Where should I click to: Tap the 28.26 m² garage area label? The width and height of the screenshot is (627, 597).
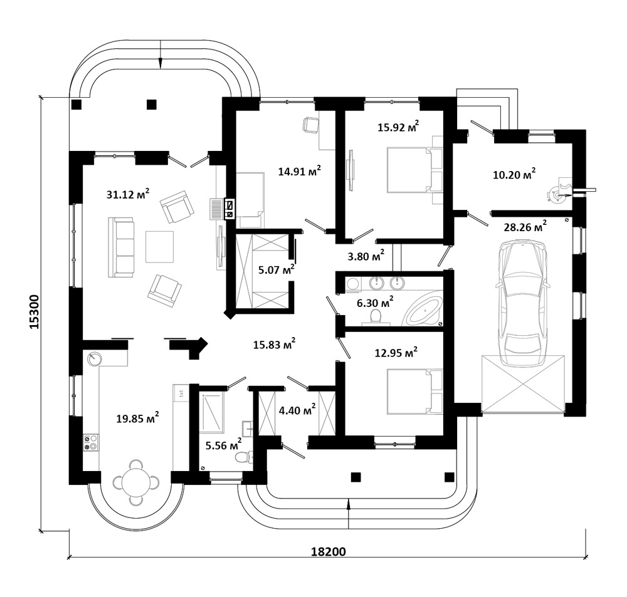pyautogui.click(x=525, y=226)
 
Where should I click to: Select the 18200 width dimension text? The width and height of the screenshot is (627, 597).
pyautogui.click(x=329, y=552)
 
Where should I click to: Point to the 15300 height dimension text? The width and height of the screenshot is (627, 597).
pyautogui.click(x=34, y=312)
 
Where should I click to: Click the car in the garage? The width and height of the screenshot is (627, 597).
pyautogui.click(x=522, y=303)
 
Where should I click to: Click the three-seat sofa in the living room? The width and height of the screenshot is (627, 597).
pyautogui.click(x=121, y=247)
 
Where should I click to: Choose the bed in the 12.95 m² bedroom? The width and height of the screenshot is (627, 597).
pyautogui.click(x=414, y=392)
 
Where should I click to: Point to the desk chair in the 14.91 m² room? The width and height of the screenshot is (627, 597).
pyautogui.click(x=310, y=125)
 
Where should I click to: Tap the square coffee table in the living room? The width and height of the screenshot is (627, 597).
pyautogui.click(x=159, y=247)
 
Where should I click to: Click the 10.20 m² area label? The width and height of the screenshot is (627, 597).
pyautogui.click(x=514, y=174)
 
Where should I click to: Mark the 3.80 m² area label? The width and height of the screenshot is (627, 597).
pyautogui.click(x=366, y=256)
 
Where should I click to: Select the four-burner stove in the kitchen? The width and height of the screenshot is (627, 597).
pyautogui.click(x=91, y=443)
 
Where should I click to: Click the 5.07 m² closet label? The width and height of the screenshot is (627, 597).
pyautogui.click(x=277, y=269)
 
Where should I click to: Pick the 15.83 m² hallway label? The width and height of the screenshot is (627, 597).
pyautogui.click(x=275, y=344)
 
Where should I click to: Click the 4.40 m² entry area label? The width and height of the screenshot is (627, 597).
pyautogui.click(x=297, y=410)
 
